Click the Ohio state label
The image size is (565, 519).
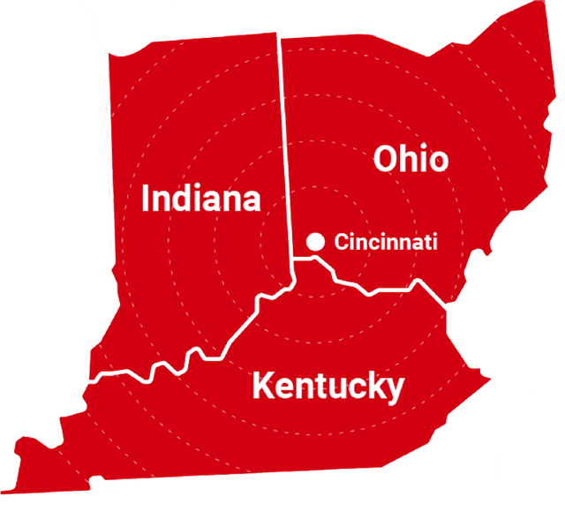(411, 159)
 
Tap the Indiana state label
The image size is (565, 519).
(201, 198)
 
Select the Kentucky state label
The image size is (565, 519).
(328, 386)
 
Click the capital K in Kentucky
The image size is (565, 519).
(263, 386)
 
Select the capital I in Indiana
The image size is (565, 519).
(147, 198)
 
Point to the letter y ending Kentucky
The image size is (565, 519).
(395, 389)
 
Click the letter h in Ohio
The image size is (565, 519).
(414, 159)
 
